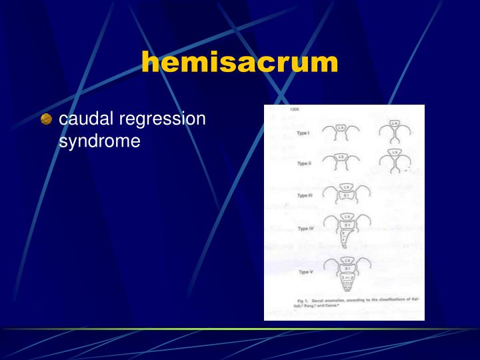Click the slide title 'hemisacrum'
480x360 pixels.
[239, 63]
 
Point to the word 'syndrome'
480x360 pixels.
[99, 141]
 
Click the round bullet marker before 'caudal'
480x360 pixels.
[46, 120]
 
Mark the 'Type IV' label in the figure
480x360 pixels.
[306, 228]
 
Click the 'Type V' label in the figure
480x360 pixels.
[305, 272]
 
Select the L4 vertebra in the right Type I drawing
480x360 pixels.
[395, 124]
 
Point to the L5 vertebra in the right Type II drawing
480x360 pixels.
[395, 153]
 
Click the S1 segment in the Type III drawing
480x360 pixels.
[347, 195]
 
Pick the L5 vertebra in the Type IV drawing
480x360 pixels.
[347, 218]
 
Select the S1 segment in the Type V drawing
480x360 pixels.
[347, 268]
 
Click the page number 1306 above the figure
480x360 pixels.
[294, 109]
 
